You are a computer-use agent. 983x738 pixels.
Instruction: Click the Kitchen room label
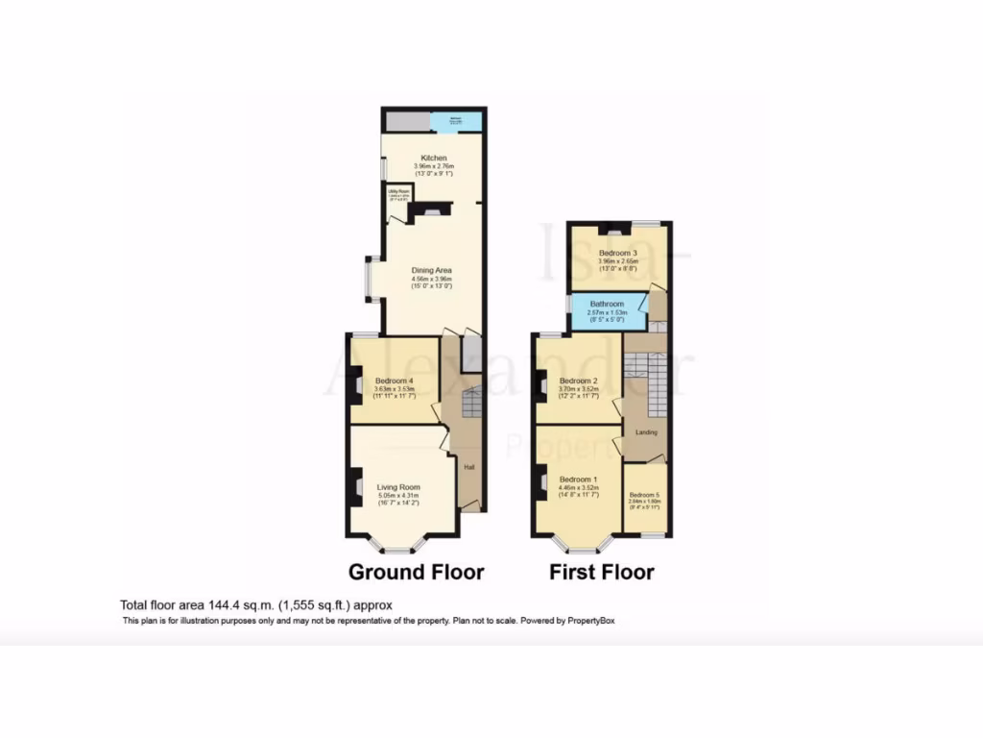(x=433, y=158)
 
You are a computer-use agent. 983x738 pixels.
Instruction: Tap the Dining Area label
(x=431, y=270)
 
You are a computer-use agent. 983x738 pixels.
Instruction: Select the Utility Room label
(x=398, y=191)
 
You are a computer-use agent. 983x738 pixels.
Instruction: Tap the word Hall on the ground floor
(x=469, y=468)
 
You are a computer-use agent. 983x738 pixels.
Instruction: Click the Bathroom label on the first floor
(x=607, y=305)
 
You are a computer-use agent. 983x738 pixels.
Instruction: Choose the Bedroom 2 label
(x=579, y=381)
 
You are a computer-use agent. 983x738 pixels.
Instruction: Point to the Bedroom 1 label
(x=579, y=480)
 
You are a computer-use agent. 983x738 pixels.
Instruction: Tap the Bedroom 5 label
(x=645, y=495)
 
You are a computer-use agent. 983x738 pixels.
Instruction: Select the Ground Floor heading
(x=416, y=573)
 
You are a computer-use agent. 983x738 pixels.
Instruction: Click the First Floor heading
(x=602, y=573)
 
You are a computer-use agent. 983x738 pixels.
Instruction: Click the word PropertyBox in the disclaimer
(x=589, y=621)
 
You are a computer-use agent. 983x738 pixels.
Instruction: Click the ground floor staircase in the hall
(x=470, y=403)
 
